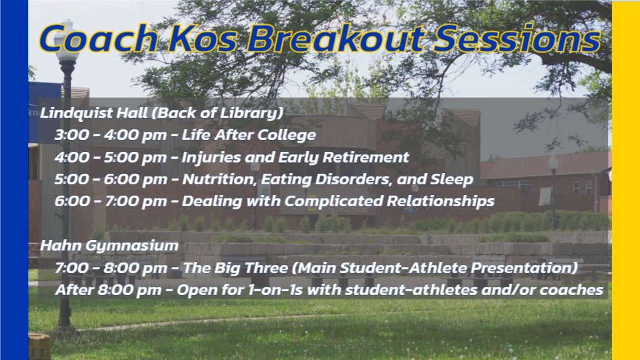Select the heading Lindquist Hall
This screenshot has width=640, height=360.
point(94,114)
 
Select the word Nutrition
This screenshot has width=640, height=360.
point(213,179)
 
